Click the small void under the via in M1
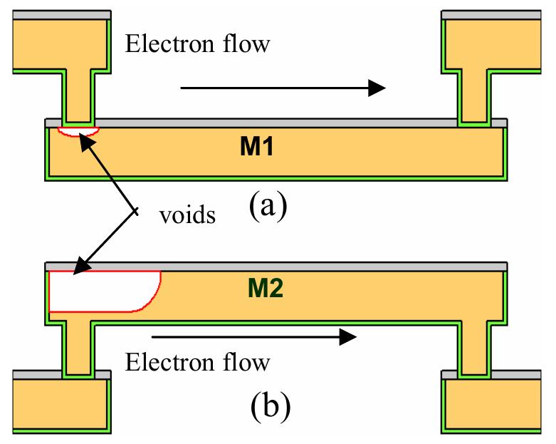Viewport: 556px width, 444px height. (78, 130)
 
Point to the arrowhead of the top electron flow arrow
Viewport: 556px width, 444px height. (376, 88)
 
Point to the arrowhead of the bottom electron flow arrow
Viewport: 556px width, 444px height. (347, 336)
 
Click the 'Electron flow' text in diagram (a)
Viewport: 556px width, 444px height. (197, 44)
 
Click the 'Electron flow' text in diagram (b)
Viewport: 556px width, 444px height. (197, 363)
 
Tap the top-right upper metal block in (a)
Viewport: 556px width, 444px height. (491, 43)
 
